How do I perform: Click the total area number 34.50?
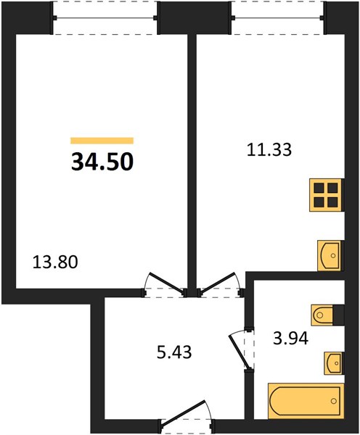102,162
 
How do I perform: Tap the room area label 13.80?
55,262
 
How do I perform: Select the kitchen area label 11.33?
269,150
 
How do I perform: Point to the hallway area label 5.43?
174,352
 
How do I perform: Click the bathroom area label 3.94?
290,339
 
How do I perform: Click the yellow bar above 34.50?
102,141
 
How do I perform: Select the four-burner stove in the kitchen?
326,195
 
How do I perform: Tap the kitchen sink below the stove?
330,255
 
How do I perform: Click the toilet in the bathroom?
322,315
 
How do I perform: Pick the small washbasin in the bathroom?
333,363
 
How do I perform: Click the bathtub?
306,401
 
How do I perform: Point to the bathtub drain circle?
333,401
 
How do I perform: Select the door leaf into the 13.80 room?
167,282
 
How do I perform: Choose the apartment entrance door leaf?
184,413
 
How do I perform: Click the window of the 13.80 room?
105,18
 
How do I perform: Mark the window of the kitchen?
278,18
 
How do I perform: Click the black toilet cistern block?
338,315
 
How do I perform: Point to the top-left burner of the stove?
319,188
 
